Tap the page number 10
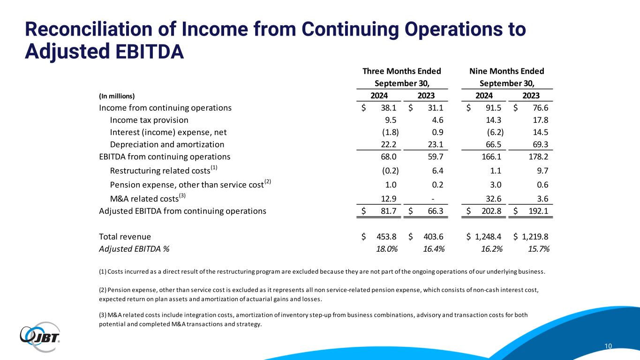[608, 346]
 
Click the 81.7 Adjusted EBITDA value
[390, 211]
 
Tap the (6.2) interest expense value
[496, 132]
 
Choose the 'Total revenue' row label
[125, 237]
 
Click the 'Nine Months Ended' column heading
[507, 71]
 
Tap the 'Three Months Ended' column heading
[402, 71]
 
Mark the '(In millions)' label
[117, 96]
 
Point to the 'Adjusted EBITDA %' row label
[134, 249]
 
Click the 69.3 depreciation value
[540, 144]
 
